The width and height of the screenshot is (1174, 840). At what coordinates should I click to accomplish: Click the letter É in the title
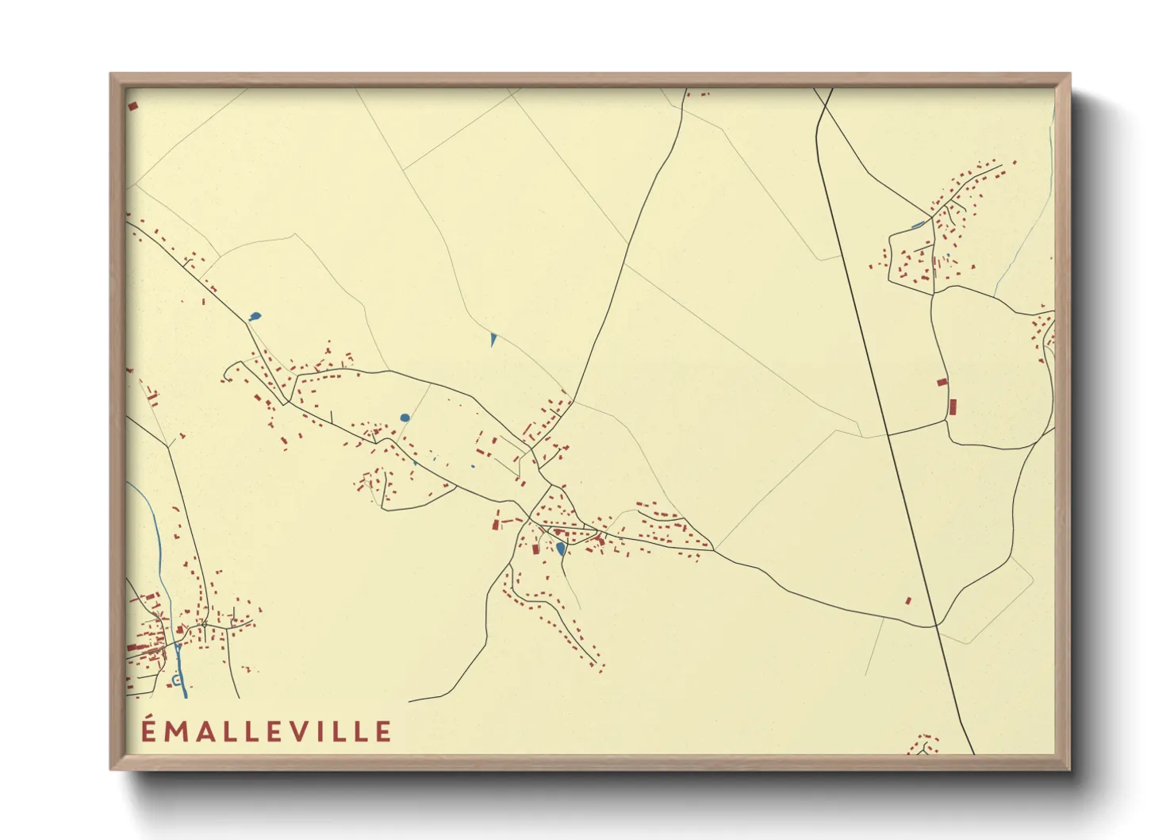[148, 730]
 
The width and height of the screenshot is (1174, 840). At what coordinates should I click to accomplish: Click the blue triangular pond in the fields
[493, 339]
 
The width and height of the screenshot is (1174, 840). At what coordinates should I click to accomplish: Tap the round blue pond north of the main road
[405, 417]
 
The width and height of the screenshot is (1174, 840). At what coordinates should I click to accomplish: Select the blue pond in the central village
[561, 548]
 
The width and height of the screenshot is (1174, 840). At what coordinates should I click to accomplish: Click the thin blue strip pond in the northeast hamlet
[919, 225]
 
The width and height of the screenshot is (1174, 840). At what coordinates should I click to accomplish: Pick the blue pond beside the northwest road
[254, 318]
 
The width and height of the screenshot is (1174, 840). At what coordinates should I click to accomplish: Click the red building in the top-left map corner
[132, 105]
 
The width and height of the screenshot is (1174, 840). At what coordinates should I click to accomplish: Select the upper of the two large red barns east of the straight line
[942, 382]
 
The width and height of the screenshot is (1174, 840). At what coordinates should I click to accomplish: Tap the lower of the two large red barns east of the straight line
[953, 407]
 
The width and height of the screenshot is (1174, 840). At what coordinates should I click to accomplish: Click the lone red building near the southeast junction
[909, 600]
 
